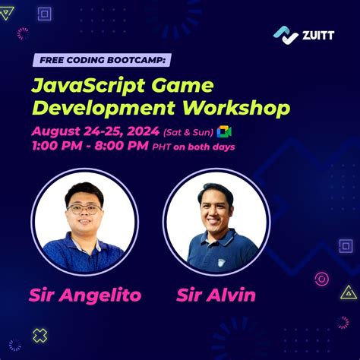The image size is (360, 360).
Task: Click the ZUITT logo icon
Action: [286, 35]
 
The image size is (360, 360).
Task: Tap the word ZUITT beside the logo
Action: [318, 35]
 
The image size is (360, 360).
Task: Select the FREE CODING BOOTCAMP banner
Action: [102, 60]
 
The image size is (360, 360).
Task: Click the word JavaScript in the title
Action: [88, 86]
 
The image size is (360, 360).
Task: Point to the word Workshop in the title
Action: [236, 109]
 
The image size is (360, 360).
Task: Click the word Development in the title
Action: [104, 109]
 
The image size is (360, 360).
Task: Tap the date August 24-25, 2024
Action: [96, 131]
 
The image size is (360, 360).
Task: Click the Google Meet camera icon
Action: [224, 132]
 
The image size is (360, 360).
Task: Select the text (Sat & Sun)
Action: [188, 132]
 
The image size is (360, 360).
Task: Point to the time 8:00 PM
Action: [122, 146]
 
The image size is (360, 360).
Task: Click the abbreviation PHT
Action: [162, 147]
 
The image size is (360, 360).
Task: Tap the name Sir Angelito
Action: [85, 295]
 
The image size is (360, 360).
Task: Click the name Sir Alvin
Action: [216, 295]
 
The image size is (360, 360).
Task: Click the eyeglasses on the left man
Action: [84, 210]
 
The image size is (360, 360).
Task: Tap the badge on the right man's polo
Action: [222, 263]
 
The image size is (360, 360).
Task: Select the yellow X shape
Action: [40, 336]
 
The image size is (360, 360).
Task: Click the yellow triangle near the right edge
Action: [349, 292]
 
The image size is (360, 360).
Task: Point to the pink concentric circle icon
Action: [322, 279]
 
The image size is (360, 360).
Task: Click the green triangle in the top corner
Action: [6, 13]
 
